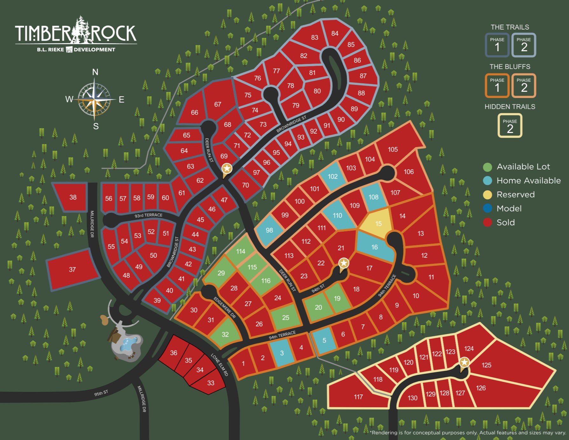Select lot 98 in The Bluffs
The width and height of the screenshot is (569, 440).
pos(269,230)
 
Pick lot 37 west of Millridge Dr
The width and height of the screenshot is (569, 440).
pos(73,269)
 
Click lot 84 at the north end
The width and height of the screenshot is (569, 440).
pos(335,33)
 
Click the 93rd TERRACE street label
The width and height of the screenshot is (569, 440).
pos(148,215)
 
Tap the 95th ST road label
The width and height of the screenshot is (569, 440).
pos(101,393)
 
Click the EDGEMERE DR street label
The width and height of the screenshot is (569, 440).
pos(225,307)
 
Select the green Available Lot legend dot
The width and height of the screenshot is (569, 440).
pos(487,167)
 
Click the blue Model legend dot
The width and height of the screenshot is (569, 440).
pos(487,209)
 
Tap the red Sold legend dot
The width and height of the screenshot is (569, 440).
pos(487,222)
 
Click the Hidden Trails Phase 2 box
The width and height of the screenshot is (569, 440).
pos(510,126)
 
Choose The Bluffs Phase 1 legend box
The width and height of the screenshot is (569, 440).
pos(497,85)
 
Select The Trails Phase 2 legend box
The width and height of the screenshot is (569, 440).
pos(524,45)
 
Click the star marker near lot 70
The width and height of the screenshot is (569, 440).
pos(227,169)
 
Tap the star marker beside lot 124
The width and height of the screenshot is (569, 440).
pos(464,362)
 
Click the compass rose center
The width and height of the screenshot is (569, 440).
pos(95,100)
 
